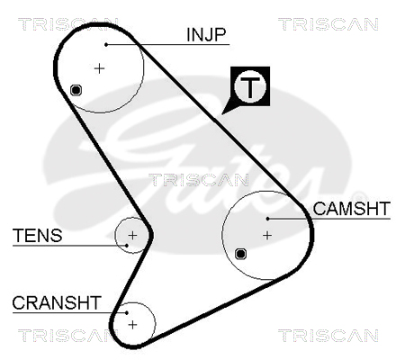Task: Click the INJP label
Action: click(206, 34)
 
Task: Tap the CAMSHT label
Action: click(351, 209)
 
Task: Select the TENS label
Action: click(38, 235)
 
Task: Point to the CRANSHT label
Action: click(57, 302)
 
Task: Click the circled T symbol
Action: click(250, 87)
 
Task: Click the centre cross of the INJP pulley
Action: click(99, 68)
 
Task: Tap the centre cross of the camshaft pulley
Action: click(267, 235)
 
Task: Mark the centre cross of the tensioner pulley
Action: click(132, 235)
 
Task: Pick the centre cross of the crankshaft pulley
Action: click(132, 324)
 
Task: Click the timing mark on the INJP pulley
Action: click(76, 90)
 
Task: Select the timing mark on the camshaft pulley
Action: click(240, 254)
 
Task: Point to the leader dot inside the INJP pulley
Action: click(106, 45)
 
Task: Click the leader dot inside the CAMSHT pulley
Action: click(268, 219)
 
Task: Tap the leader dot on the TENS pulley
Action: click(127, 246)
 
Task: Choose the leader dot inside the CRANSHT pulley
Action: click(127, 312)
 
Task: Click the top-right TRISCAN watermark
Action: click(328, 24)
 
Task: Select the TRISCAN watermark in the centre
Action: click(199, 180)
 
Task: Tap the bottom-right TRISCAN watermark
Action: click(328, 336)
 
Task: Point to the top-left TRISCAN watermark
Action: click(68, 24)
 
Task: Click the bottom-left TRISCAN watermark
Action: click(68, 336)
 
